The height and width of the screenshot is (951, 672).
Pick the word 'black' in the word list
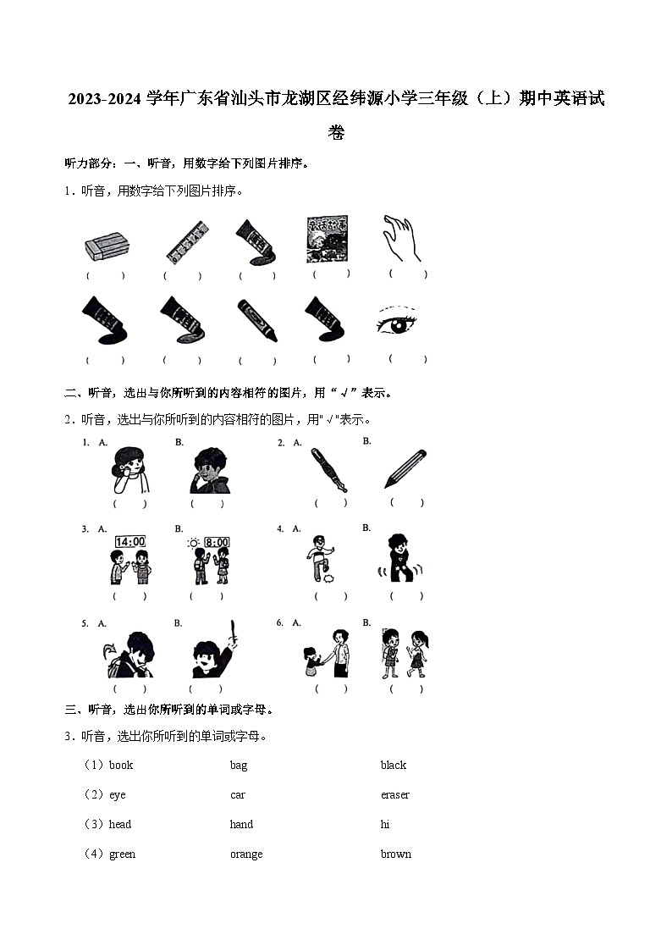tap(394, 766)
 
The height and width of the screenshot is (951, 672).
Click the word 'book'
tap(121, 766)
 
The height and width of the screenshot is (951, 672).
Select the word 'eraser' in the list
tap(394, 795)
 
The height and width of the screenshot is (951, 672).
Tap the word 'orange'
tap(246, 854)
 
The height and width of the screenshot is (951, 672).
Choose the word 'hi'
tap(385, 825)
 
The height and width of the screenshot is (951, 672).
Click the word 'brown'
tap(395, 854)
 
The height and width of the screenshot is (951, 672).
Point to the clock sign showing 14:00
tap(129, 542)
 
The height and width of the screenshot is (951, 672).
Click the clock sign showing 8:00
tap(217, 542)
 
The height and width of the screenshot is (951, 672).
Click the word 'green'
tap(122, 854)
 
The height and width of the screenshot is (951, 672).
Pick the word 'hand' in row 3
tap(241, 825)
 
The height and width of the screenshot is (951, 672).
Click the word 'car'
tap(238, 795)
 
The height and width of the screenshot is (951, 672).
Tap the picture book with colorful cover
tap(326, 239)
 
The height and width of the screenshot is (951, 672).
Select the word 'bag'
tap(239, 766)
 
